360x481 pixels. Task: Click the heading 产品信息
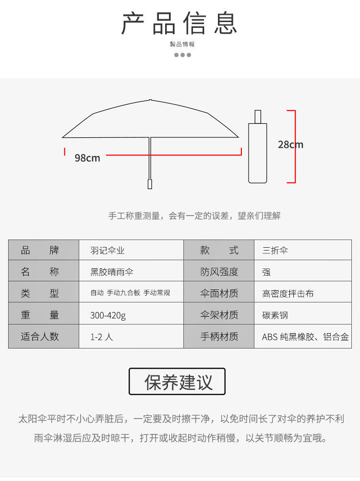point(180,24)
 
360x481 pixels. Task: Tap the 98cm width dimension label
point(87,158)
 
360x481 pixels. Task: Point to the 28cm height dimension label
point(290,144)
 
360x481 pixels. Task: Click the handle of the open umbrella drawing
point(150,184)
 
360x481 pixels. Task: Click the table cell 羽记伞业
point(108,251)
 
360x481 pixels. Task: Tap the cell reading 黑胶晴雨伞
point(112,272)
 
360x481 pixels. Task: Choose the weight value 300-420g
point(108,315)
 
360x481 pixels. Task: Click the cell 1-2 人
point(102,337)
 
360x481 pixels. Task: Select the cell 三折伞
point(275,251)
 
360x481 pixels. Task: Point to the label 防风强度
point(219,272)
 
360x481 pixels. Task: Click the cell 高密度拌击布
point(288,294)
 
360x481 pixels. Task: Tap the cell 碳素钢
point(275,315)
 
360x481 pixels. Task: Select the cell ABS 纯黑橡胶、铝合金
point(305,337)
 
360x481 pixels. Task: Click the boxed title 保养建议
point(177,382)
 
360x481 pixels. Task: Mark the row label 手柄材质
point(219,337)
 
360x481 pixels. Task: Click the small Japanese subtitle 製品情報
point(182,44)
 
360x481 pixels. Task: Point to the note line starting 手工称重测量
point(194,216)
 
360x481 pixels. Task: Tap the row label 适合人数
point(40,337)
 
